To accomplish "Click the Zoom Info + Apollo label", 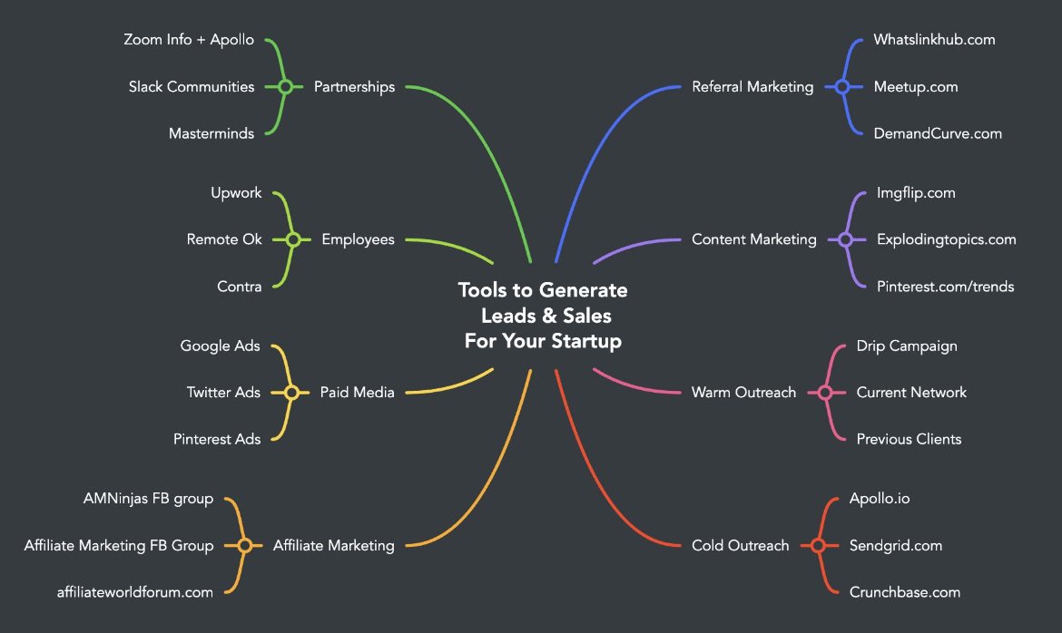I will [189, 40].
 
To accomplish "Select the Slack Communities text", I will [192, 87].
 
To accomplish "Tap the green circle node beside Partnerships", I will [285, 87].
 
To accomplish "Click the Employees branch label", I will [358, 239].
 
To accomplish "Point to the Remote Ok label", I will [224, 239].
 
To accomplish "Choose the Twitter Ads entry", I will [223, 392].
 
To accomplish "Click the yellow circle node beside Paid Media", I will [291, 393].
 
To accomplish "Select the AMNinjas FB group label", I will [148, 498].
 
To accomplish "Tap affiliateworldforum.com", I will [135, 592].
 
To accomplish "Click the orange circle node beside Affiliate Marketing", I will [244, 545].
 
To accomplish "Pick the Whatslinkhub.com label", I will [934, 40].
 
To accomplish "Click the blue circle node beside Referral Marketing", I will [841, 87].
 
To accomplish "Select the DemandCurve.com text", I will [938, 133].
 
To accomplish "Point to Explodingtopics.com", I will [946, 239].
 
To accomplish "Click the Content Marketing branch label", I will [753, 239].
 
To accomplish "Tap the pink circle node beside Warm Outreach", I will [825, 393].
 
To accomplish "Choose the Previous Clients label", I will [909, 439].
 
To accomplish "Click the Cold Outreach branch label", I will [740, 545].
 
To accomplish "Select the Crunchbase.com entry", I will [904, 592].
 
